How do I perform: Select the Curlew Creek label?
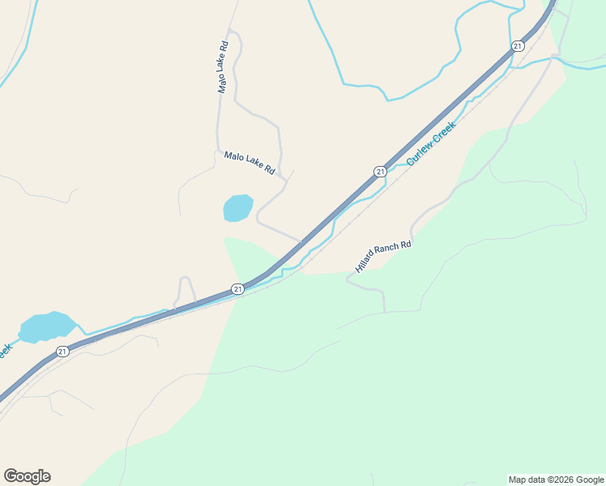tap(432, 143)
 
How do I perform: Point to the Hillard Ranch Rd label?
tap(383, 255)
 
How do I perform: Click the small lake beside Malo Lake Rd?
tap(237, 208)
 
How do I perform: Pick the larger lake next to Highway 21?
tap(47, 326)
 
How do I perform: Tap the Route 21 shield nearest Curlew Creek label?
tap(379, 171)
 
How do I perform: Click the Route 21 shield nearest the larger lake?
tap(62, 352)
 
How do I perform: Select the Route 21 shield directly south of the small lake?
tap(237, 288)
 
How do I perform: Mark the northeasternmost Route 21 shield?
tap(517, 46)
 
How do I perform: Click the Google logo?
tap(27, 476)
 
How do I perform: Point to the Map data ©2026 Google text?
tap(556, 480)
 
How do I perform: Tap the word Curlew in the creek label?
tap(420, 154)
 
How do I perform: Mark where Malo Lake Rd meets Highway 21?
tap(302, 241)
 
